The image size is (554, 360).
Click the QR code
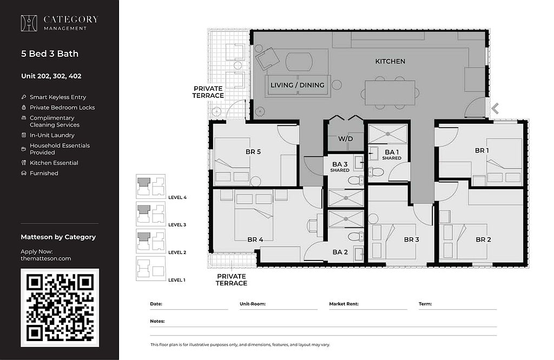pos(60,308)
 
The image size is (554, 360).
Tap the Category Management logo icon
pos(29,23)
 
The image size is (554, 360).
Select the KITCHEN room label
pos(390,62)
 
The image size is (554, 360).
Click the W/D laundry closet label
pos(345,139)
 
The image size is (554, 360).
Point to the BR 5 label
pos(253,152)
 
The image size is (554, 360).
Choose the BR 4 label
pos(255,239)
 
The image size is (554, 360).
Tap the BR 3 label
pos(411,239)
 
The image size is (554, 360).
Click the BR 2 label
pos(483,239)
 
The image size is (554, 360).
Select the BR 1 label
pos(482,151)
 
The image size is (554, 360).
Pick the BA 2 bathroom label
pos(340,252)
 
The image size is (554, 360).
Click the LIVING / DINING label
pos(298,85)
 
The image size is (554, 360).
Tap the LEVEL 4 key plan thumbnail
pos(151,186)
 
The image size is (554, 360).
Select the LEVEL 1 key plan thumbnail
pos(151,269)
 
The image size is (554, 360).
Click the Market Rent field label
pos(344,304)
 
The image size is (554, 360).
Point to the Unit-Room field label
pos(253,304)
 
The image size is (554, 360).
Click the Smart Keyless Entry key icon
pos(24,97)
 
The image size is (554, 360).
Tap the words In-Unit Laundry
pos(52,135)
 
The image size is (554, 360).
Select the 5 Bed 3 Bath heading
pos(50,54)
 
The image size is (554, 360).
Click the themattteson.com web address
pos(46,258)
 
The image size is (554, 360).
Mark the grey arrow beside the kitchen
pos(495,109)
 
